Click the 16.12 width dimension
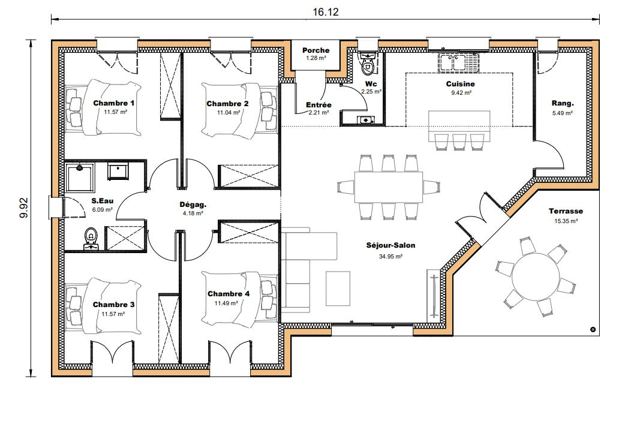(325, 12)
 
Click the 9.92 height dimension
(24, 208)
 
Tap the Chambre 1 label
(113, 103)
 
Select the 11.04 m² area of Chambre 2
(229, 112)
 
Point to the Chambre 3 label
(113, 305)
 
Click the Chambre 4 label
(229, 294)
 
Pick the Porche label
(316, 50)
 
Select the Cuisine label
(460, 84)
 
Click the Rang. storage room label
(563, 104)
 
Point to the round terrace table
(534, 276)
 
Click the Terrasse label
(566, 211)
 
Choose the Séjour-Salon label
(390, 245)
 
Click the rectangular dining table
(389, 187)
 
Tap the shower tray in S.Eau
(80, 177)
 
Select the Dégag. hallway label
(193, 205)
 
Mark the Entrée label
(318, 105)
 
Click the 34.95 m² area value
(390, 256)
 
